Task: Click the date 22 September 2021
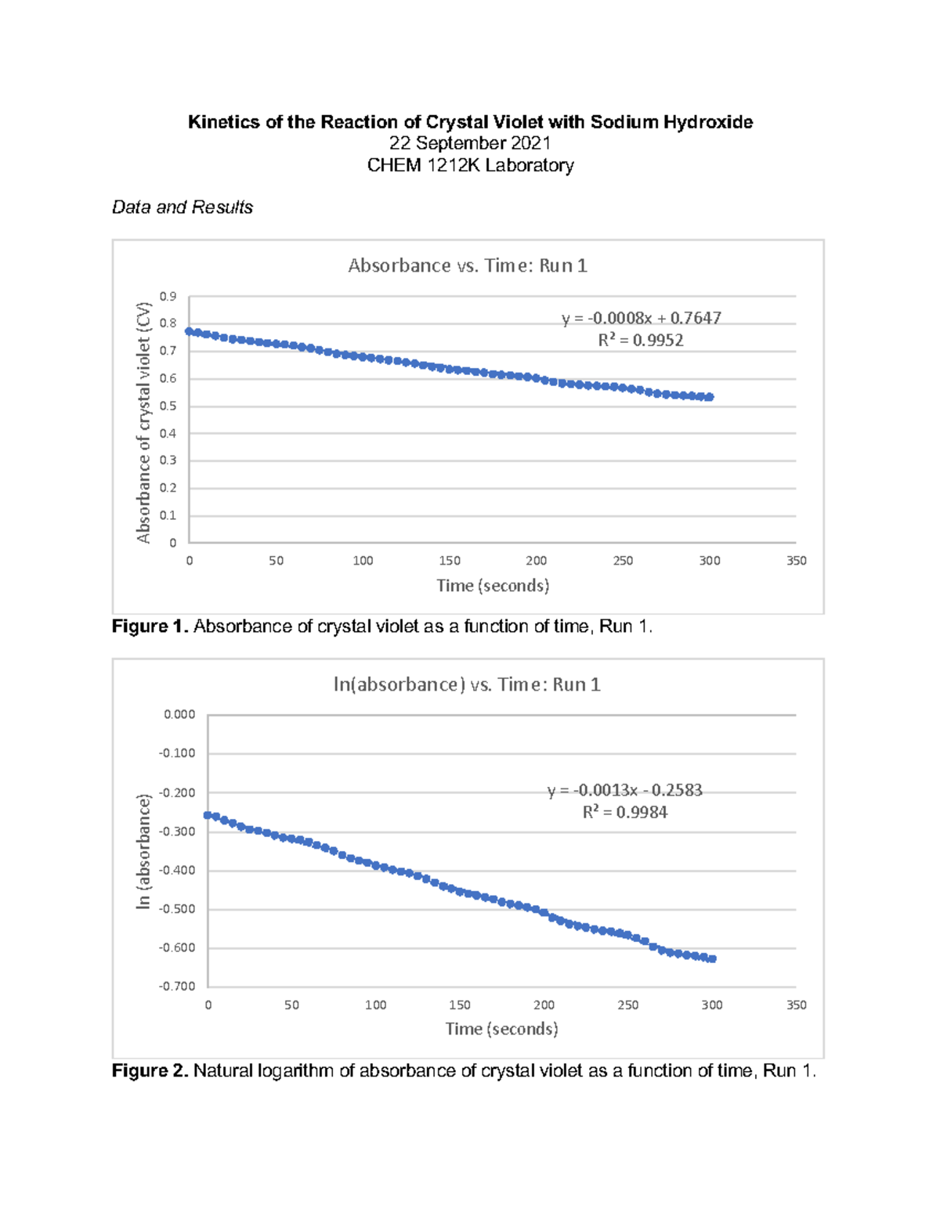pos(470,143)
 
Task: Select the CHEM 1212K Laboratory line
pos(470,165)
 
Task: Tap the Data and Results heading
pos(183,207)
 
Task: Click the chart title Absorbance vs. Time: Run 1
pos(468,265)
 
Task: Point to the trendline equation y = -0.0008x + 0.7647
pos(641,318)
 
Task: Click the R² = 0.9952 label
pos(641,340)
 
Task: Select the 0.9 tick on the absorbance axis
pos(168,296)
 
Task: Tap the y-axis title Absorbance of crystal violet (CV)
pos(143,422)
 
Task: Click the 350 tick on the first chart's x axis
pos(796,561)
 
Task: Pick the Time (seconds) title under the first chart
pos(493,586)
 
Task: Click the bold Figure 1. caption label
pos(150,626)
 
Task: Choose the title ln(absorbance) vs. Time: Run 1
pos(467,684)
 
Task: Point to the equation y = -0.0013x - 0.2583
pos(624,790)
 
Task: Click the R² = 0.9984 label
pos(624,812)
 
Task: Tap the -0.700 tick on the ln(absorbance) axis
pos(177,987)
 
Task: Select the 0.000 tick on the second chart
pos(179,714)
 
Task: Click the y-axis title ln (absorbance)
pos(143,851)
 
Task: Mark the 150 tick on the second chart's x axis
pos(460,1005)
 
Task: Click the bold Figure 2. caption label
pos(150,1070)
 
